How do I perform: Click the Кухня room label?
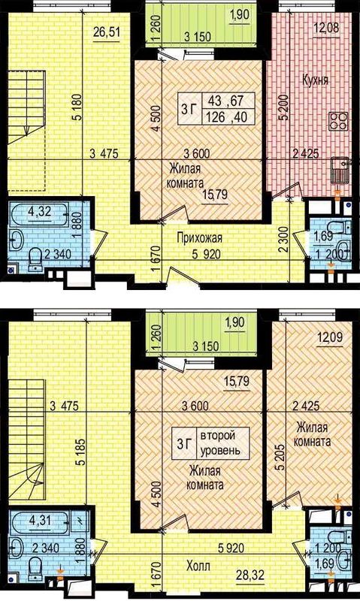click(315, 80)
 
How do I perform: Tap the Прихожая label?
click(199, 238)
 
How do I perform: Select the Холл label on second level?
click(198, 566)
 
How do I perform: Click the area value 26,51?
click(107, 32)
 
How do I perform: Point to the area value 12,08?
click(326, 28)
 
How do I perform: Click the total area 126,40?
click(226, 116)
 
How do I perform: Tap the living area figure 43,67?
click(225, 101)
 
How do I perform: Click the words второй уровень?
click(221, 442)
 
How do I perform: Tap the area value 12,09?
click(330, 338)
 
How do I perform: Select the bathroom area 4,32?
click(41, 211)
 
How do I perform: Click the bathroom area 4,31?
click(41, 520)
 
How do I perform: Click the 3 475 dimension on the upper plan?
click(104, 154)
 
